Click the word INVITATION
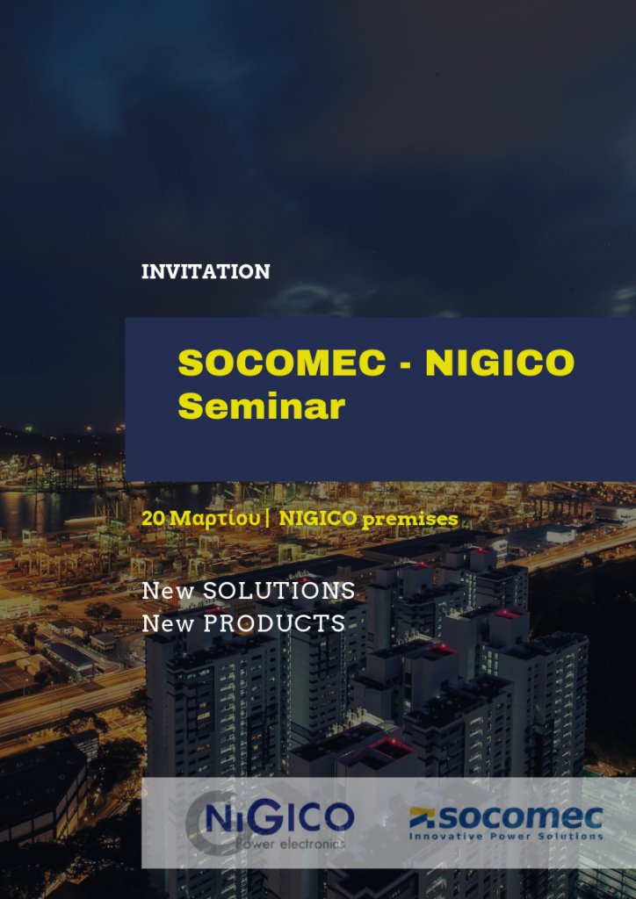(x=206, y=272)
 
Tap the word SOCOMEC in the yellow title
(x=282, y=363)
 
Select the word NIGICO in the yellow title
(x=500, y=363)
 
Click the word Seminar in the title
(x=262, y=406)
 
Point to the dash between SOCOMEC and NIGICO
(x=405, y=365)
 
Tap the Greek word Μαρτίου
(x=215, y=519)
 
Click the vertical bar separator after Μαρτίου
(x=268, y=518)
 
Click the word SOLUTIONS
(x=279, y=591)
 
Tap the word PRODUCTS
(x=275, y=623)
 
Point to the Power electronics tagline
(x=291, y=844)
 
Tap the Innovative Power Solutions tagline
(x=506, y=836)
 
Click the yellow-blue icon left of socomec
(x=422, y=817)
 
